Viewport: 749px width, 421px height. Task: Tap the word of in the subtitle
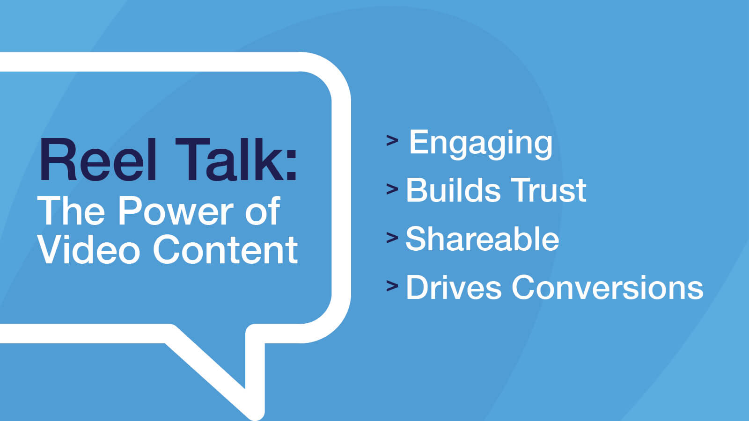[x=263, y=211]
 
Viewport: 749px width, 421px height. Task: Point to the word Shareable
[x=482, y=239]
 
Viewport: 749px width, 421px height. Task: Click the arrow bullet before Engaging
[x=392, y=140]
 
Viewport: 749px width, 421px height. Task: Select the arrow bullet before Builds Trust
[x=392, y=189]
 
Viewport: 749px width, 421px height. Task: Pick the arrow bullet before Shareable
[x=392, y=238]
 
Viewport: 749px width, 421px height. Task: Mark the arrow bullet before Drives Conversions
[x=392, y=286]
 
